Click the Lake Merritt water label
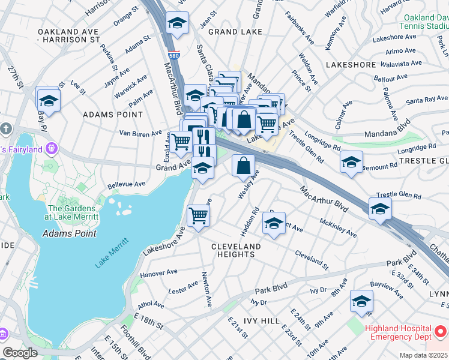[x=111, y=254]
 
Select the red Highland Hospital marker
[x=439, y=331]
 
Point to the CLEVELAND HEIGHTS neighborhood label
[x=236, y=250]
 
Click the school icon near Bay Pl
[x=49, y=100]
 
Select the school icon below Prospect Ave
[x=274, y=224]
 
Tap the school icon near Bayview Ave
[x=361, y=301]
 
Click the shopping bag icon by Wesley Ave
[x=243, y=166]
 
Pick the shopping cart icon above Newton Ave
[x=198, y=215]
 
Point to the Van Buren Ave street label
[x=140, y=133]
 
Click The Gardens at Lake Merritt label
[x=76, y=212]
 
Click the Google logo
[x=20, y=353]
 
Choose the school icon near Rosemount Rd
[x=351, y=162]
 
